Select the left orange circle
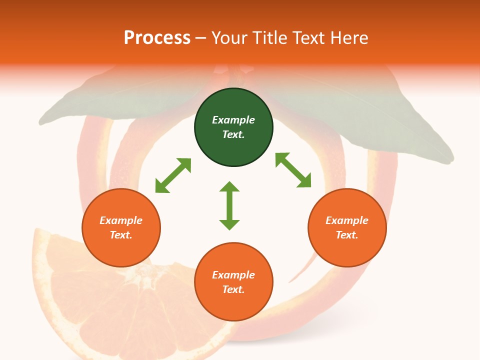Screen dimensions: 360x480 click(121, 227)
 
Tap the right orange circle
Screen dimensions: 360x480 click(347, 227)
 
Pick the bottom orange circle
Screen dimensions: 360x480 click(233, 282)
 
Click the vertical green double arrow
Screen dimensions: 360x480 click(229, 205)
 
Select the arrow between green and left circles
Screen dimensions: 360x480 click(173, 175)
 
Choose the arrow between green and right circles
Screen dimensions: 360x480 click(293, 170)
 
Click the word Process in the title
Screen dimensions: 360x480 click(157, 38)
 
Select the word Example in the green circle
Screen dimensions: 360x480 click(233, 120)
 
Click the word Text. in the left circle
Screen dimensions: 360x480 click(121, 235)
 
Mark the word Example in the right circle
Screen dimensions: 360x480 click(347, 220)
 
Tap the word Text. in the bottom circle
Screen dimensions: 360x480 click(233, 289)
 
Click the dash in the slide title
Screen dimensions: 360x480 click(201, 38)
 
